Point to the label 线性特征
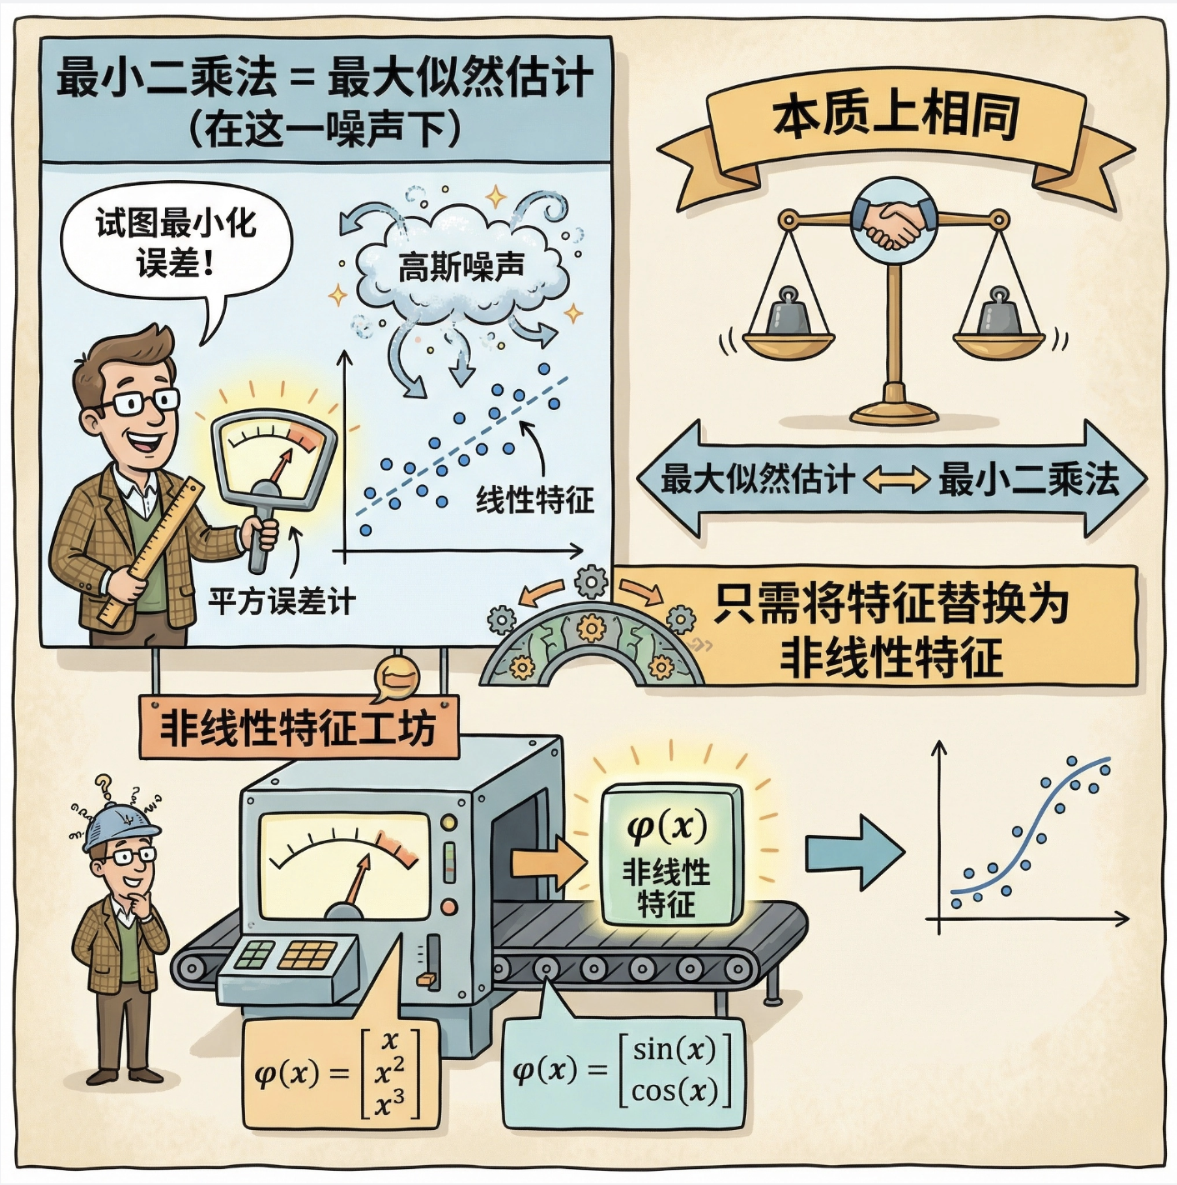point(534,500)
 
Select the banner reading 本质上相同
point(896,117)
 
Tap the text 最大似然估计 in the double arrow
point(757,480)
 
